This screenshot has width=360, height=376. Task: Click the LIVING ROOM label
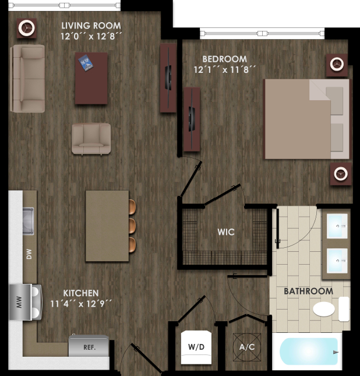[91, 26]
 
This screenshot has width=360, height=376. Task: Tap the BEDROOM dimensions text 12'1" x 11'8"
[225, 70]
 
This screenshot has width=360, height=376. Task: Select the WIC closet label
[226, 232]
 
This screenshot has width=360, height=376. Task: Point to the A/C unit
[247, 346]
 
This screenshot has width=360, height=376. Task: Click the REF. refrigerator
[89, 346]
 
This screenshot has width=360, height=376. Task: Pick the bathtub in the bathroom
[308, 351]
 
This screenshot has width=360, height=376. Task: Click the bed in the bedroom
[306, 119]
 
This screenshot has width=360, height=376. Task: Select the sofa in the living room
[27, 79]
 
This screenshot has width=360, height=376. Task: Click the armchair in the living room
[91, 138]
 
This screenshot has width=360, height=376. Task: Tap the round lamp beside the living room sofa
[26, 27]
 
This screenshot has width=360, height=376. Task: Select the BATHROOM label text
[308, 291]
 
